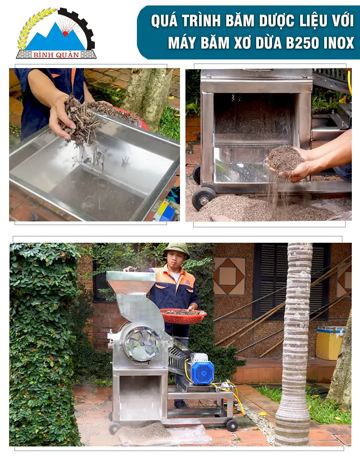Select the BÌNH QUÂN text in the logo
click(56, 55)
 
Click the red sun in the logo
click(65, 34)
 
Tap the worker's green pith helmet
click(177, 249)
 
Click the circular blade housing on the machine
click(141, 342)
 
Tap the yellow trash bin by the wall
click(330, 343)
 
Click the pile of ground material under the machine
click(144, 431)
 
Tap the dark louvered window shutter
click(292, 281)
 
